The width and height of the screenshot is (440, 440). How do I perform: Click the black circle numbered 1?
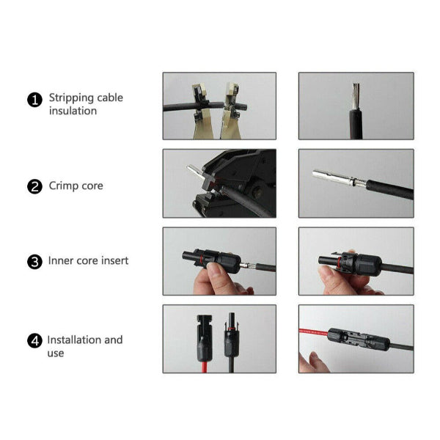[34, 100]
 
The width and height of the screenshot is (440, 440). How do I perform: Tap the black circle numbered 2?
[34, 186]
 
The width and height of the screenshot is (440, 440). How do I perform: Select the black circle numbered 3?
[34, 262]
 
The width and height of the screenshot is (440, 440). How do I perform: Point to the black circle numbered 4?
[34, 341]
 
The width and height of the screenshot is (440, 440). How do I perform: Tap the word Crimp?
[62, 186]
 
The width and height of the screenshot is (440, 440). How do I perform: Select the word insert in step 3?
[114, 260]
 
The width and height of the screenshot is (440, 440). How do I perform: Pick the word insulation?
[73, 111]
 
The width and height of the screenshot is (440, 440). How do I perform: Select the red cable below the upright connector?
[205, 367]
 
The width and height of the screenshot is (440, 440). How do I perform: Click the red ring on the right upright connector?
[232, 329]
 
